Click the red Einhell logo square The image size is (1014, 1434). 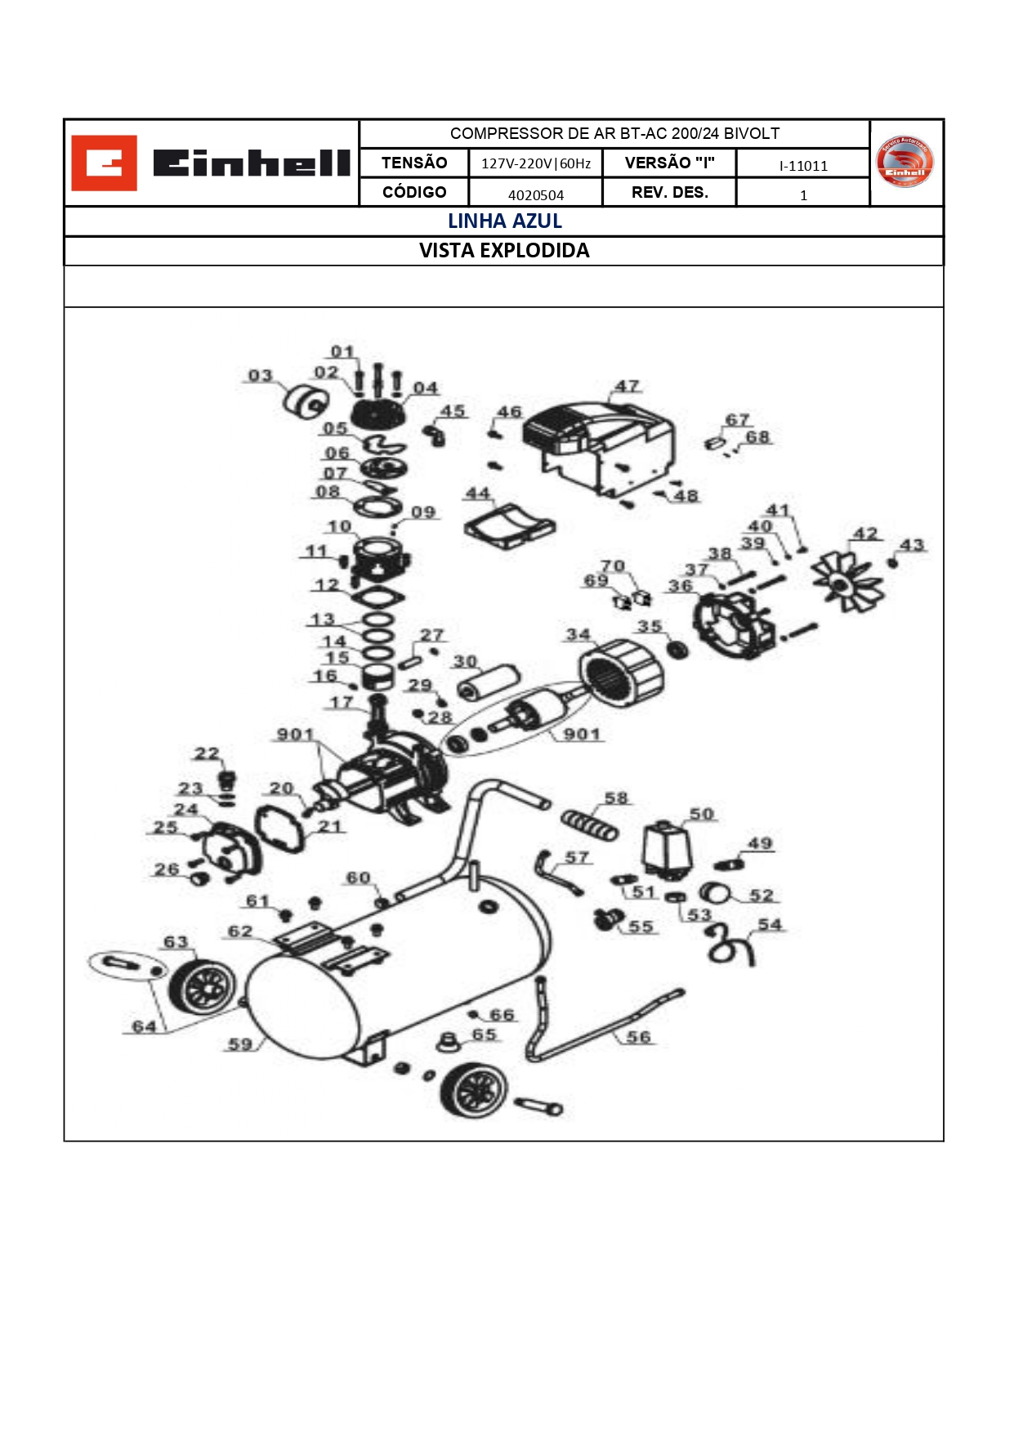click(104, 163)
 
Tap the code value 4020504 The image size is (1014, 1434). click(536, 194)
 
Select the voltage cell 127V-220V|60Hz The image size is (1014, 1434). click(536, 163)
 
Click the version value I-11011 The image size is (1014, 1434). click(803, 166)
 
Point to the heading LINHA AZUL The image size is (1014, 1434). click(505, 221)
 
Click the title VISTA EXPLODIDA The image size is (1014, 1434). click(504, 251)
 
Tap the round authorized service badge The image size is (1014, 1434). click(904, 162)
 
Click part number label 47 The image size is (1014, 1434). click(627, 386)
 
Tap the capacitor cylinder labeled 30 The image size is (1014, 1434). click(488, 682)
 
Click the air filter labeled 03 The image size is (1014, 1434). click(305, 400)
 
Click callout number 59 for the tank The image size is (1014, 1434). click(239, 1043)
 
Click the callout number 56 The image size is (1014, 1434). click(638, 1036)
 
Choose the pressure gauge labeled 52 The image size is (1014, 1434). click(714, 891)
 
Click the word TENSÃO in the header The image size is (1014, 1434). click(414, 163)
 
